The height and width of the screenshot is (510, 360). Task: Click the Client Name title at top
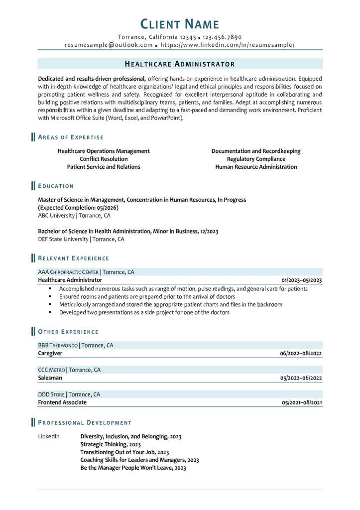pyautogui.click(x=180, y=23)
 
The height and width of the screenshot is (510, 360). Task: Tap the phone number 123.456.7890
pyautogui.click(x=222, y=37)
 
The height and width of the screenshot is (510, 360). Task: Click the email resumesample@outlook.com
pyautogui.click(x=109, y=45)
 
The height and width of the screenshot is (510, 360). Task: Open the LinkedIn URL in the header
pyautogui.click(x=228, y=45)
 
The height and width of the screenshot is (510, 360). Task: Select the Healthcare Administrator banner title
pyautogui.click(x=180, y=64)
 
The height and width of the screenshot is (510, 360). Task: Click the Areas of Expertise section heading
pyautogui.click(x=71, y=137)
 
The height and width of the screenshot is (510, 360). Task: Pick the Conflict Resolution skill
pyautogui.click(x=104, y=159)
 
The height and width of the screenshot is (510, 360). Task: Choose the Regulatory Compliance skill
pyautogui.click(x=256, y=159)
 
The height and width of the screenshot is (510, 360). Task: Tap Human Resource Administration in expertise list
pyautogui.click(x=256, y=167)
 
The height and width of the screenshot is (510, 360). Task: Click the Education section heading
pyautogui.click(x=56, y=186)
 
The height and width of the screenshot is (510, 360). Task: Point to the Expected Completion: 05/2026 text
pyautogui.click(x=78, y=208)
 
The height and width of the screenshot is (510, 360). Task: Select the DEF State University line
pyautogui.click(x=81, y=239)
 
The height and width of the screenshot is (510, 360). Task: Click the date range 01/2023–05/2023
pyautogui.click(x=301, y=280)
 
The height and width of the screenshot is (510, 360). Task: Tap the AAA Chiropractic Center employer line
pyautogui.click(x=86, y=272)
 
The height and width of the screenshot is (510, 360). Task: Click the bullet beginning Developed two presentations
pyautogui.click(x=144, y=312)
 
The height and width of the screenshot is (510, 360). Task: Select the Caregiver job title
pyautogui.click(x=50, y=353)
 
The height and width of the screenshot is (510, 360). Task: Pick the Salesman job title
pyautogui.click(x=50, y=378)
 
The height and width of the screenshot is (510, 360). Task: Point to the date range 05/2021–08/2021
pyautogui.click(x=302, y=402)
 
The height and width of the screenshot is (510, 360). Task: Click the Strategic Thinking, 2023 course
pyautogui.click(x=111, y=444)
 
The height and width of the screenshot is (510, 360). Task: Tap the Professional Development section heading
pyautogui.click(x=85, y=422)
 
